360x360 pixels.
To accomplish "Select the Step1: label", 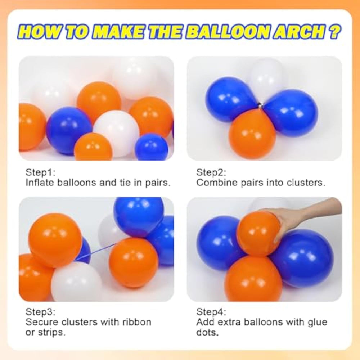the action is pyautogui.click(x=40, y=173).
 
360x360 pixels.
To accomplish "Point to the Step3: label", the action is pyautogui.click(x=40, y=312).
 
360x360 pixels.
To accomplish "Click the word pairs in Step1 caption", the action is pyautogui.click(x=158, y=183).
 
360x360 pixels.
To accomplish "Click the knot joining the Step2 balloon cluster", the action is pyautogui.click(x=260, y=106).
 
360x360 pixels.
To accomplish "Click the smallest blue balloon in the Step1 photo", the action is pyautogui.click(x=152, y=147).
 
